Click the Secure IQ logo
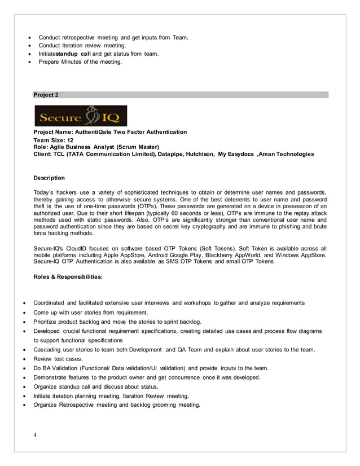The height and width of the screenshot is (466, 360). pyautogui.click(x=80, y=116)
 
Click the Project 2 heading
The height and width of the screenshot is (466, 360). pyautogui.click(x=46, y=95)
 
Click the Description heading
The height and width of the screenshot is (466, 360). pyautogui.click(x=49, y=178)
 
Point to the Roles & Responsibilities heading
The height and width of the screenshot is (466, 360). pyautogui.click(x=68, y=277)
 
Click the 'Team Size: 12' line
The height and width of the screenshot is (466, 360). pyautogui.click(x=54, y=139)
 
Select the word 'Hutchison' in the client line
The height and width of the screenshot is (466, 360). pyautogui.click(x=198, y=154)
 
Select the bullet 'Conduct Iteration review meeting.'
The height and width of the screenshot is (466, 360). pyautogui.click(x=82, y=46)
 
